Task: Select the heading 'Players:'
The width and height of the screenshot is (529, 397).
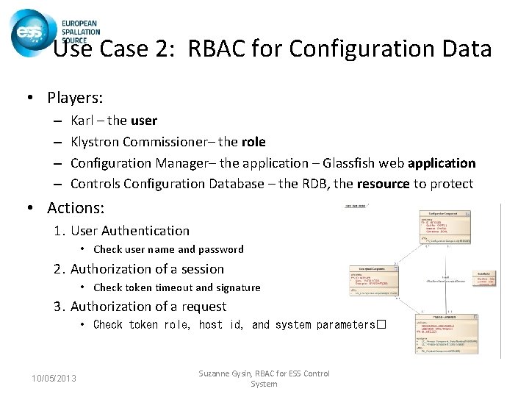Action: point(75,98)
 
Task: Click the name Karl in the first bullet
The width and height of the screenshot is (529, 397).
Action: point(83,120)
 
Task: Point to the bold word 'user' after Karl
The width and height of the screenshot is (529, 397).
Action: point(144,120)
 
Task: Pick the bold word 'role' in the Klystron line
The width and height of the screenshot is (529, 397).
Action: point(253,141)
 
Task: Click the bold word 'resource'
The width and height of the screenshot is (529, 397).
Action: point(389,184)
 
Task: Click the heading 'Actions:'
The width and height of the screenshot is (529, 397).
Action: point(75,208)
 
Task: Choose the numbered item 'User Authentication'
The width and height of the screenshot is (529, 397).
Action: point(129,231)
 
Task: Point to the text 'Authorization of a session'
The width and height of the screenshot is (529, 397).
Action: point(147,269)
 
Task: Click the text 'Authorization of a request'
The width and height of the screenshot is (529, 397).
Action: point(148,307)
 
